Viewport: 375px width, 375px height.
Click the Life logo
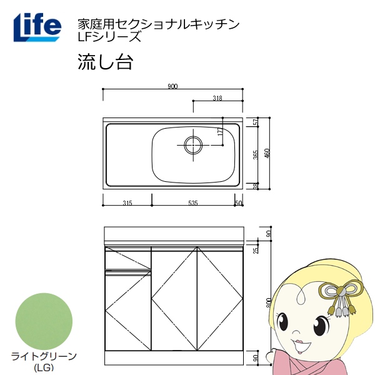tap(37, 26)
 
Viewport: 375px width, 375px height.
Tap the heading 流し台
tap(104, 62)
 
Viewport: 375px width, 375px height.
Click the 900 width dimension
tap(172, 86)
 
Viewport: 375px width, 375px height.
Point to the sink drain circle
tap(193, 144)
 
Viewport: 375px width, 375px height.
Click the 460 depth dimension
tap(267, 152)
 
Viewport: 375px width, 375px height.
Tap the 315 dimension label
tap(127, 203)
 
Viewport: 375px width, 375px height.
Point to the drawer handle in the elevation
tap(129, 271)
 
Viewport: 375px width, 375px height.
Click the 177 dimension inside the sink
tap(221, 132)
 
